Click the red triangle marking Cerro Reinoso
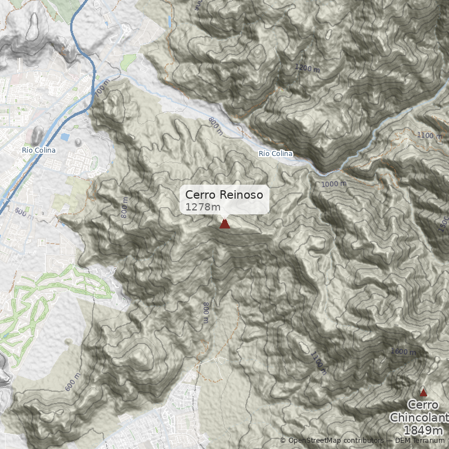pyautogui.click(x=224, y=224)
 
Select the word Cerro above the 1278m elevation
pyautogui.click(x=200, y=195)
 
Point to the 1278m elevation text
pyautogui.click(x=203, y=207)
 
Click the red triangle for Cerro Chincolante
pyautogui.click(x=423, y=392)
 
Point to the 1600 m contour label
pyautogui.click(x=403, y=351)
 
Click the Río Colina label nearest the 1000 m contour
pyautogui.click(x=276, y=153)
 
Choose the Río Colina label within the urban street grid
pyautogui.click(x=39, y=150)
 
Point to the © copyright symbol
pyautogui.click(x=283, y=441)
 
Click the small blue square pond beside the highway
pyautogui.click(x=65, y=137)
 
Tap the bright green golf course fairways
pyautogui.click(x=34, y=309)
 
